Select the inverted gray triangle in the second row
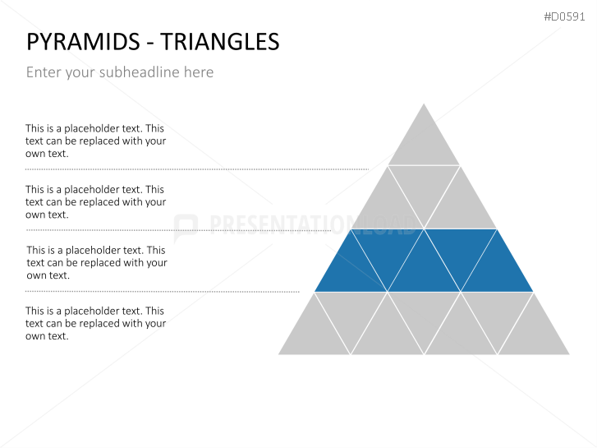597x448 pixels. [424, 187]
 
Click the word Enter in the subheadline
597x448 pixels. [43, 72]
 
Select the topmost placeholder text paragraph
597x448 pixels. [95, 141]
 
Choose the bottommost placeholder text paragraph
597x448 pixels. [95, 323]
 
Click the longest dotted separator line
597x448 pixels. [197, 169]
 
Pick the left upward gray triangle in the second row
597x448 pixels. [388, 206]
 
